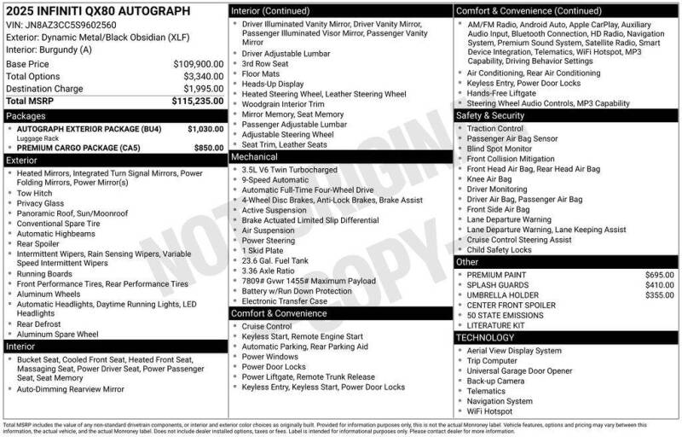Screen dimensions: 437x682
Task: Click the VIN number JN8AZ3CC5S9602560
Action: pos(71,25)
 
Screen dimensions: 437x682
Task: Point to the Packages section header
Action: pos(26,115)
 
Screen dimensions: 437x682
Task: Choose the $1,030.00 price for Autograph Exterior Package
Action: pos(205,129)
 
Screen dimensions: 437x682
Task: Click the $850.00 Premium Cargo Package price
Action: pos(209,148)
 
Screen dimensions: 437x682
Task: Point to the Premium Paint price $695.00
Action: pos(659,275)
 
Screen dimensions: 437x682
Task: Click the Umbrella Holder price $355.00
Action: pos(659,295)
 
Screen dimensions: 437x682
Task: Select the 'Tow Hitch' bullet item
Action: pos(35,193)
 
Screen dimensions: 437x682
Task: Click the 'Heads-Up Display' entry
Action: pos(272,84)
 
